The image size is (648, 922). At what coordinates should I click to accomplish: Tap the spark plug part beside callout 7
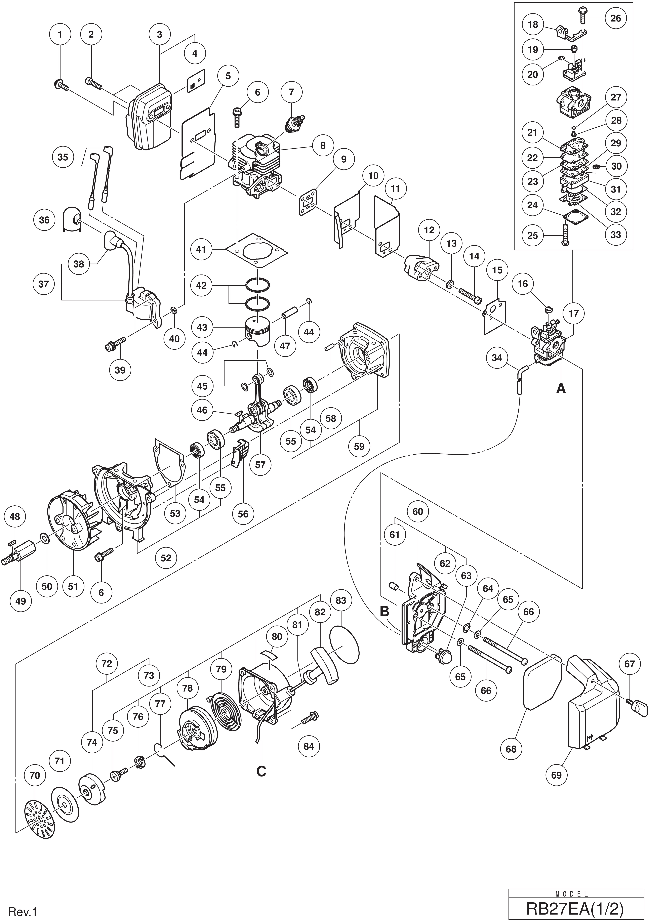pos(294,120)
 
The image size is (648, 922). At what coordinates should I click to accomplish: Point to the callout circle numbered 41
pos(201,249)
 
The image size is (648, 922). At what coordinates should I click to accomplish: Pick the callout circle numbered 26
pos(615,18)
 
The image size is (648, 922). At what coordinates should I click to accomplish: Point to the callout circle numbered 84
pos(309,746)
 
